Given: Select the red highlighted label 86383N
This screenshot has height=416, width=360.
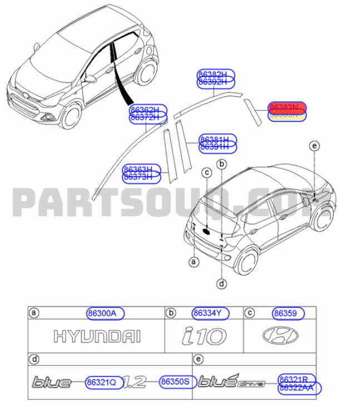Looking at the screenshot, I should [x=287, y=106].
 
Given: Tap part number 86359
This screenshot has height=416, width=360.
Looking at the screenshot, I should [x=288, y=314].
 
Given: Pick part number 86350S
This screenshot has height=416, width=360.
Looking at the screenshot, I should [x=175, y=383].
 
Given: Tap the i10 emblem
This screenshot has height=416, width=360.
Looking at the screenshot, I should [x=204, y=337].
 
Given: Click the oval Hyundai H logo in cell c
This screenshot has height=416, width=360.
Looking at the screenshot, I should [x=280, y=336].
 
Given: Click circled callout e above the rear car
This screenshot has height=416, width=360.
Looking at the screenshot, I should [x=315, y=146].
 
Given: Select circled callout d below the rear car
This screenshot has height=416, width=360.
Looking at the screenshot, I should [x=221, y=284].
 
